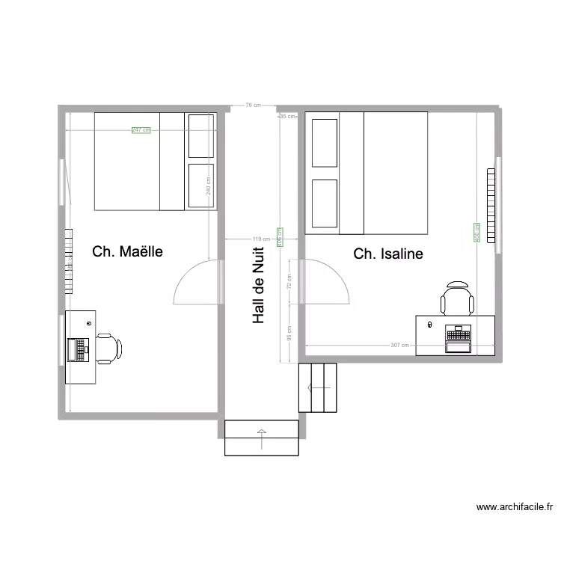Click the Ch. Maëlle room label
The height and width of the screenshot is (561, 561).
[x=127, y=251]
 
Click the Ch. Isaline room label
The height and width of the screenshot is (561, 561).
[x=388, y=254]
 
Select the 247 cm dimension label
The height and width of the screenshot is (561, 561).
[x=141, y=130]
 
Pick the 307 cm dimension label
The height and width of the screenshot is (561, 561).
[x=400, y=346]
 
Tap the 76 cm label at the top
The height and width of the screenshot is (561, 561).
[x=253, y=105]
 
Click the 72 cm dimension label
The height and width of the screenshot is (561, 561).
[x=289, y=281]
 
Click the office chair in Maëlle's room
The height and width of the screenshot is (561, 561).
[x=108, y=349]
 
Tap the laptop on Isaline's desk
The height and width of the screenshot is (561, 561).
[x=456, y=338]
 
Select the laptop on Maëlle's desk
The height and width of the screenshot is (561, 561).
[x=78, y=349]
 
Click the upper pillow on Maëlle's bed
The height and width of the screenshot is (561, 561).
[x=200, y=135]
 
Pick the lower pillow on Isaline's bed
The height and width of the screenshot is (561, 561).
[x=324, y=203]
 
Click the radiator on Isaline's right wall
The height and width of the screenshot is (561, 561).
[x=491, y=206]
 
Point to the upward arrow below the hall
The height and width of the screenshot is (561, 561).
[x=261, y=438]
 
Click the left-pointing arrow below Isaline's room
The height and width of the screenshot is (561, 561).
[x=318, y=387]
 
